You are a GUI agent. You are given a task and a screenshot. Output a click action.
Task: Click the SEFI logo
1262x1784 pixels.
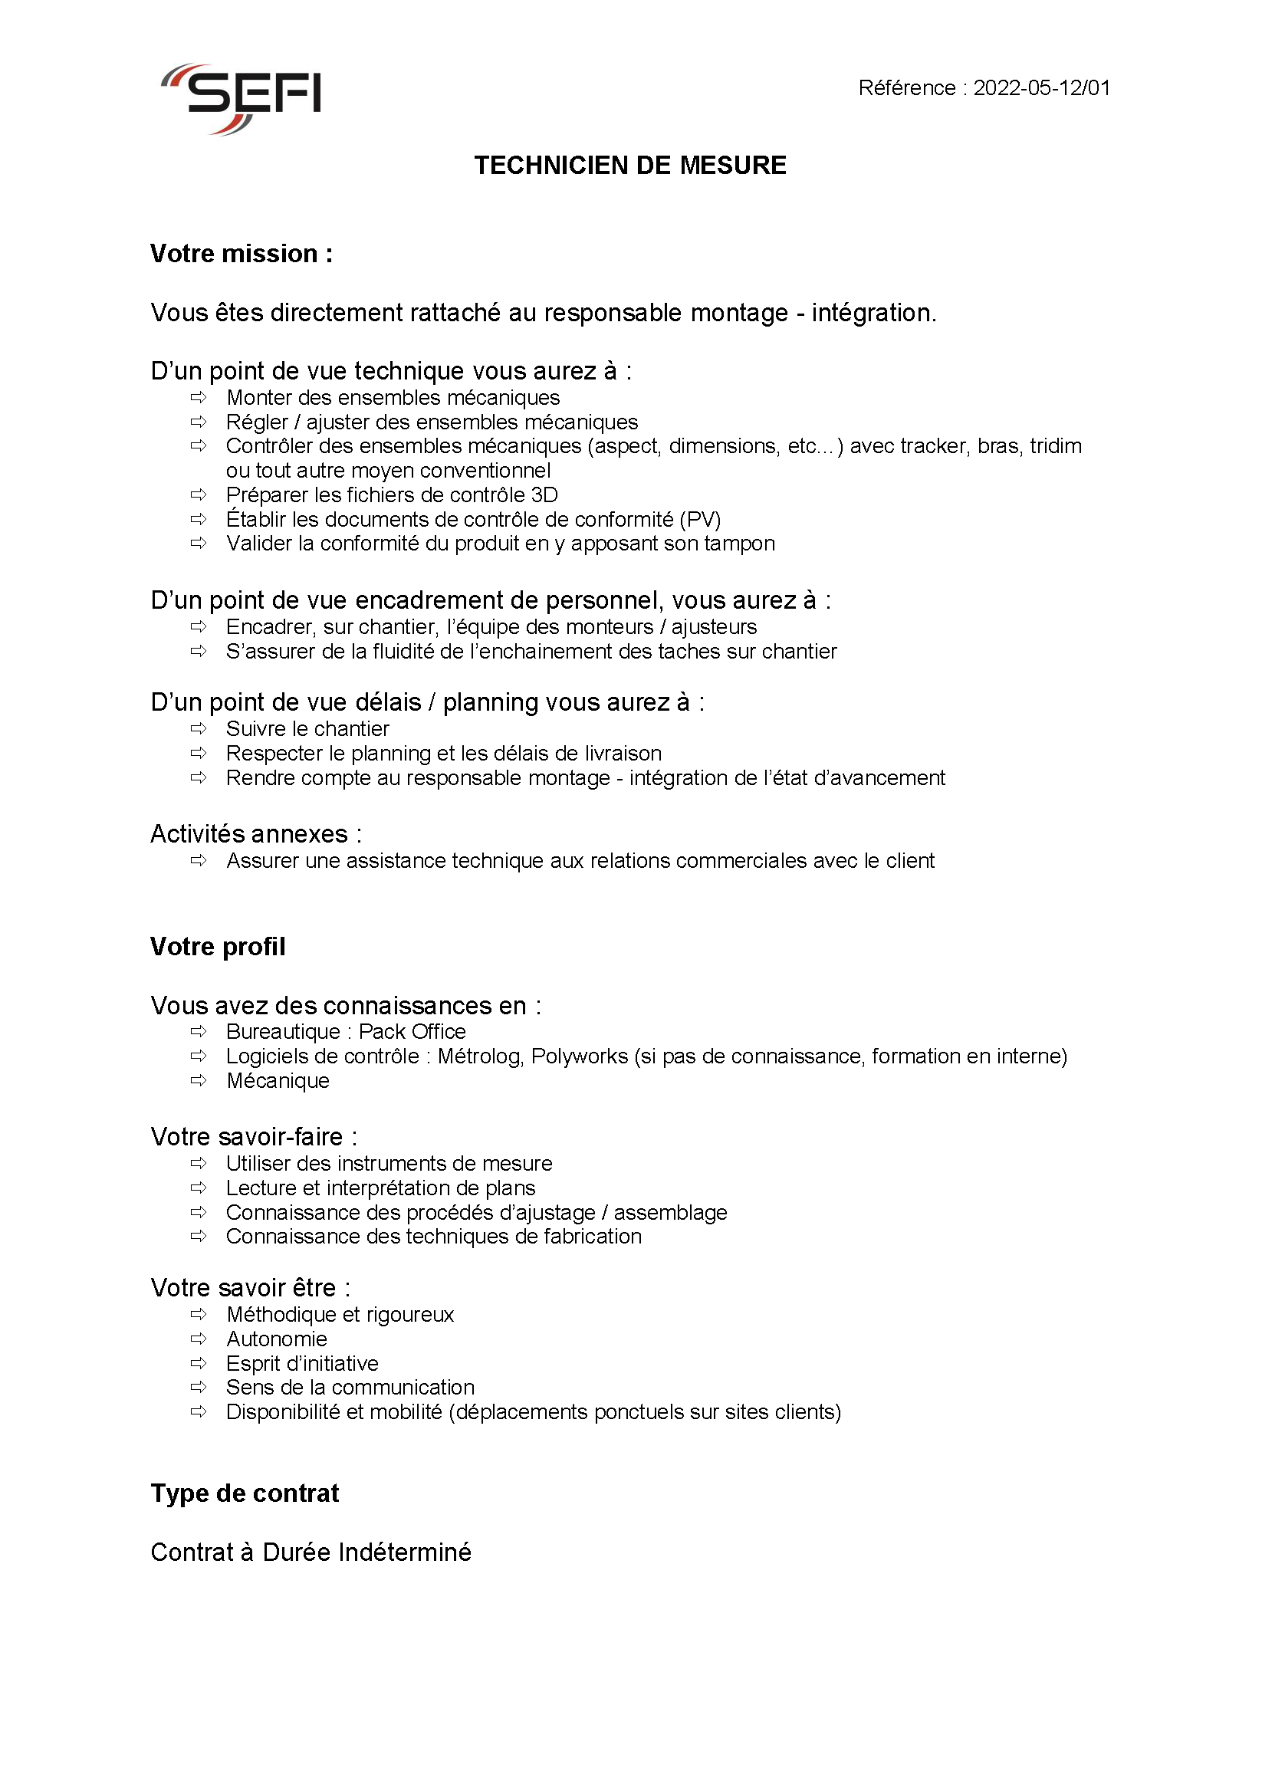click(x=241, y=98)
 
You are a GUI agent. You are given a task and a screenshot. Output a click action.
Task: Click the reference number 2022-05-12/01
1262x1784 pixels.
click(x=1041, y=88)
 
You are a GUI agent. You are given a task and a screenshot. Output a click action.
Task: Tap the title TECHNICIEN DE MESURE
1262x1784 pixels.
click(x=630, y=166)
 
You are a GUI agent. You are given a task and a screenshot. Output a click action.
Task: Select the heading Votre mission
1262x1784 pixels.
click(x=241, y=254)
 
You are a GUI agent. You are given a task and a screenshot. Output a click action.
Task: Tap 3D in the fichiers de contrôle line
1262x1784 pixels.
click(x=544, y=495)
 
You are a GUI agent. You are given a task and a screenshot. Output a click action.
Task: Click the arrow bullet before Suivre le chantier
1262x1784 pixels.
click(x=199, y=729)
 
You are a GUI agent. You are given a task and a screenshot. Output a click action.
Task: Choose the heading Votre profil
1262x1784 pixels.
click(x=218, y=946)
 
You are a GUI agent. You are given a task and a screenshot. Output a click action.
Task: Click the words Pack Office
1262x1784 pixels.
click(x=412, y=1032)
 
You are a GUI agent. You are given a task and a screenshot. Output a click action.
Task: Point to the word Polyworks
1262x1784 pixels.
click(x=580, y=1056)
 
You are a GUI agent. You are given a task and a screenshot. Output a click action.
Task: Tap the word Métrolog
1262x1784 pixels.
click(x=479, y=1056)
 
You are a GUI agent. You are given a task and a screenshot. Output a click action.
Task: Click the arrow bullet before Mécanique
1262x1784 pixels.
click(x=199, y=1081)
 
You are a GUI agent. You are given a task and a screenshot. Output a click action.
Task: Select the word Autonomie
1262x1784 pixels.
click(x=277, y=1339)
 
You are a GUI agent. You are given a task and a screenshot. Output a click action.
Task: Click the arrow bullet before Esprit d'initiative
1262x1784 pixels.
click(x=199, y=1363)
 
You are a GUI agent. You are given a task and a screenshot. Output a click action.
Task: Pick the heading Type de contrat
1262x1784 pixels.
click(x=245, y=1493)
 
